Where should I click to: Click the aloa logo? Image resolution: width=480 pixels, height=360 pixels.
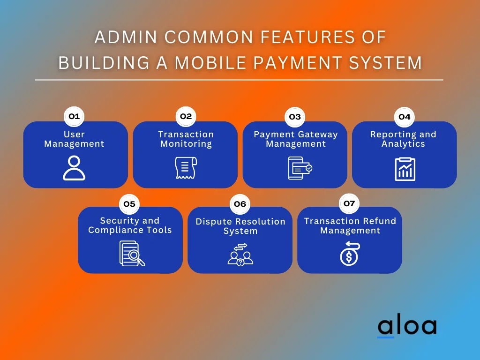click(407, 327)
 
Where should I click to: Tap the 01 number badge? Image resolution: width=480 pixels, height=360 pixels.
click(74, 116)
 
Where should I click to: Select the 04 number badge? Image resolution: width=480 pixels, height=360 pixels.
click(404, 117)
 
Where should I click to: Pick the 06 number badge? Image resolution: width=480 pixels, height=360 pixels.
click(240, 204)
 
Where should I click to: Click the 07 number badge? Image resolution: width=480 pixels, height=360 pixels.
click(349, 203)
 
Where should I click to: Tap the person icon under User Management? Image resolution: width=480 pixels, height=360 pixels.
click(74, 168)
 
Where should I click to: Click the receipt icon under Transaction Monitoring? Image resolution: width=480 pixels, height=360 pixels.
click(186, 168)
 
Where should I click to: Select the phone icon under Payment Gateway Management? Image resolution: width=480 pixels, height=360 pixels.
click(300, 168)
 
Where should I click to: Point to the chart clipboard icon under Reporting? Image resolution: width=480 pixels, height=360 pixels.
click(405, 169)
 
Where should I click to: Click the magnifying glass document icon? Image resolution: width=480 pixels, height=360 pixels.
click(132, 254)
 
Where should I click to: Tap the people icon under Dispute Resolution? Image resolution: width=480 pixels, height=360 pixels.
click(240, 255)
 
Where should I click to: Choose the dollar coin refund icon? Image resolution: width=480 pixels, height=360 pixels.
click(350, 254)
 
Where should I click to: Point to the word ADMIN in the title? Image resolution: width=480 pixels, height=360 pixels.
click(126, 37)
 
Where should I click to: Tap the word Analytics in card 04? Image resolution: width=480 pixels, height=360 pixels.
click(403, 144)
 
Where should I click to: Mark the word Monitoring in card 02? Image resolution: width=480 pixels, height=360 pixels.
click(186, 144)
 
